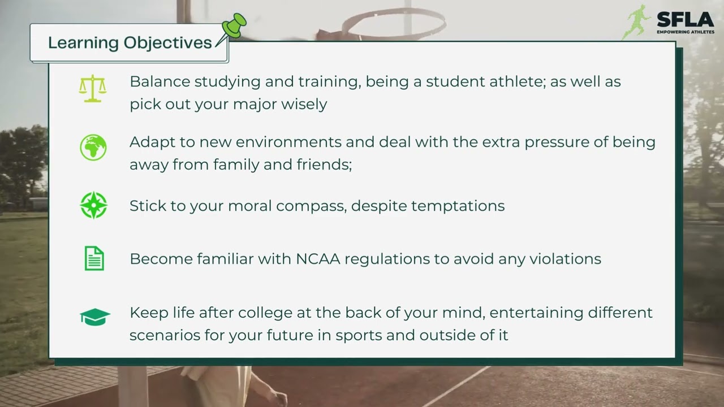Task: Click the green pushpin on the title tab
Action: click(233, 27)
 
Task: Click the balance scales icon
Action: click(93, 89)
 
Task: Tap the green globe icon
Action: click(93, 148)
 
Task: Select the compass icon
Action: click(93, 205)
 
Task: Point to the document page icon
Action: click(94, 259)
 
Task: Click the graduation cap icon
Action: click(94, 317)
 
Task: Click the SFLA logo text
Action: click(685, 19)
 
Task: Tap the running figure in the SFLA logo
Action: click(638, 21)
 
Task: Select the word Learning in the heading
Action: click(83, 43)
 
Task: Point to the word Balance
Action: click(160, 81)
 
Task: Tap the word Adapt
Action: click(150, 142)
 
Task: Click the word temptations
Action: click(458, 206)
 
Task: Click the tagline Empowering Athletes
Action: click(685, 32)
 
